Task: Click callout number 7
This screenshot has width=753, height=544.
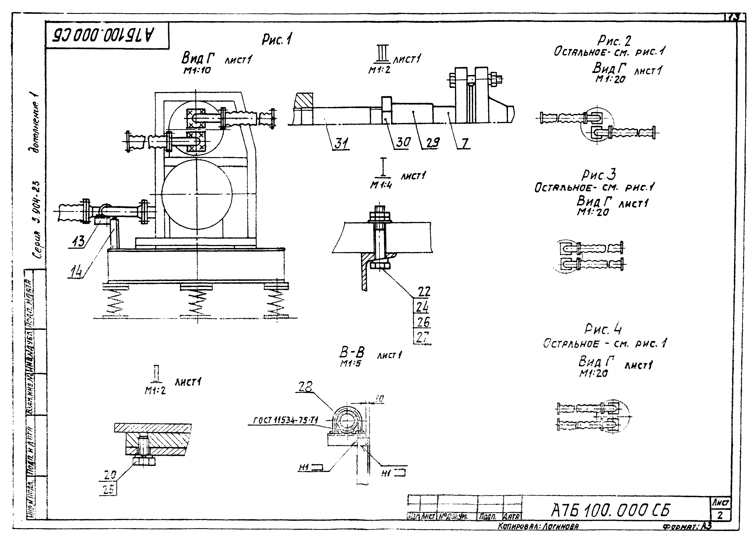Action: click(x=465, y=143)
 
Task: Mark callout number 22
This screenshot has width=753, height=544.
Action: click(x=424, y=291)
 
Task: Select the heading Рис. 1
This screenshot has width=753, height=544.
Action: click(x=277, y=40)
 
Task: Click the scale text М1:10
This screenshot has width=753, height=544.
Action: click(x=197, y=70)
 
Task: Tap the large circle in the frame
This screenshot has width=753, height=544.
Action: click(x=197, y=193)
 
